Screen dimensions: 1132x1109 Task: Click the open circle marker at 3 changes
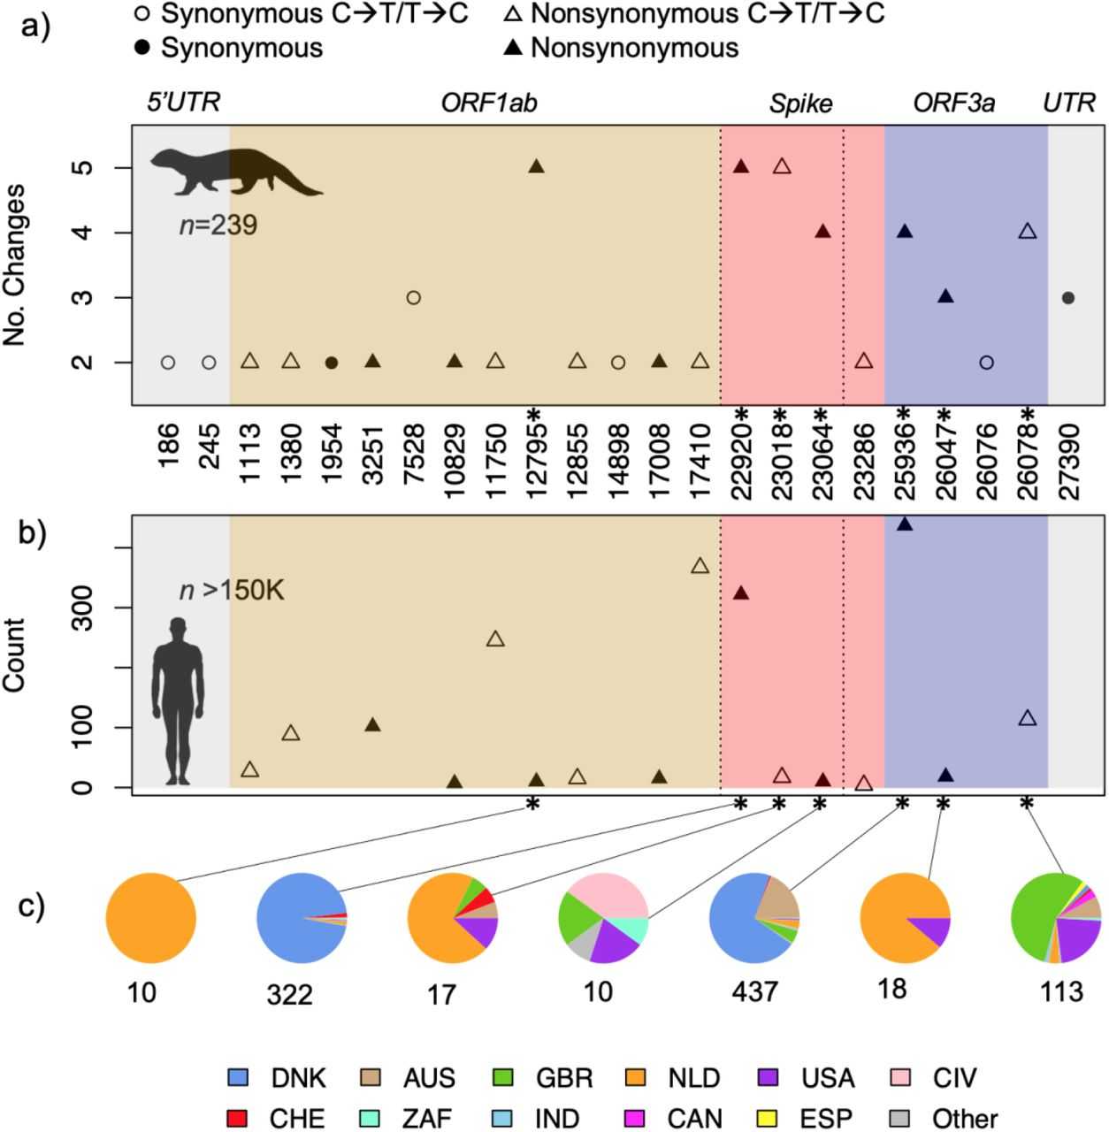[x=413, y=298]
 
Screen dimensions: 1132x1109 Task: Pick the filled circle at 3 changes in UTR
[x=1068, y=298]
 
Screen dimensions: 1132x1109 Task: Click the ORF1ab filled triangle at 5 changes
[x=536, y=166]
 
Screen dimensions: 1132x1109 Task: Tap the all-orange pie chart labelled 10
[x=150, y=918]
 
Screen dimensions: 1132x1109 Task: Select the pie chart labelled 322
[x=302, y=918]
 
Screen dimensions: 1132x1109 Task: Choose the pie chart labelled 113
[x=1056, y=918]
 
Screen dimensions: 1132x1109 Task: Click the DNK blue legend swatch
[x=239, y=1078]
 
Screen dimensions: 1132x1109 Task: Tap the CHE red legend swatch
[x=239, y=1118]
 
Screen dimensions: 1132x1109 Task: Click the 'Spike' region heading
[x=800, y=103]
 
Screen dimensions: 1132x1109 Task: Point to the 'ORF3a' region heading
[x=953, y=103]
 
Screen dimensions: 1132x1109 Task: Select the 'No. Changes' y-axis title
[x=16, y=265]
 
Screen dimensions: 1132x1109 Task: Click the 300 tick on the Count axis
[x=83, y=608]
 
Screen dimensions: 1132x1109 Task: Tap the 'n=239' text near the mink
[x=218, y=226]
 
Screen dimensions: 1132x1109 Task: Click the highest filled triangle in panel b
[x=905, y=524]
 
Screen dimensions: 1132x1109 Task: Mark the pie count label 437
[x=754, y=991]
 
